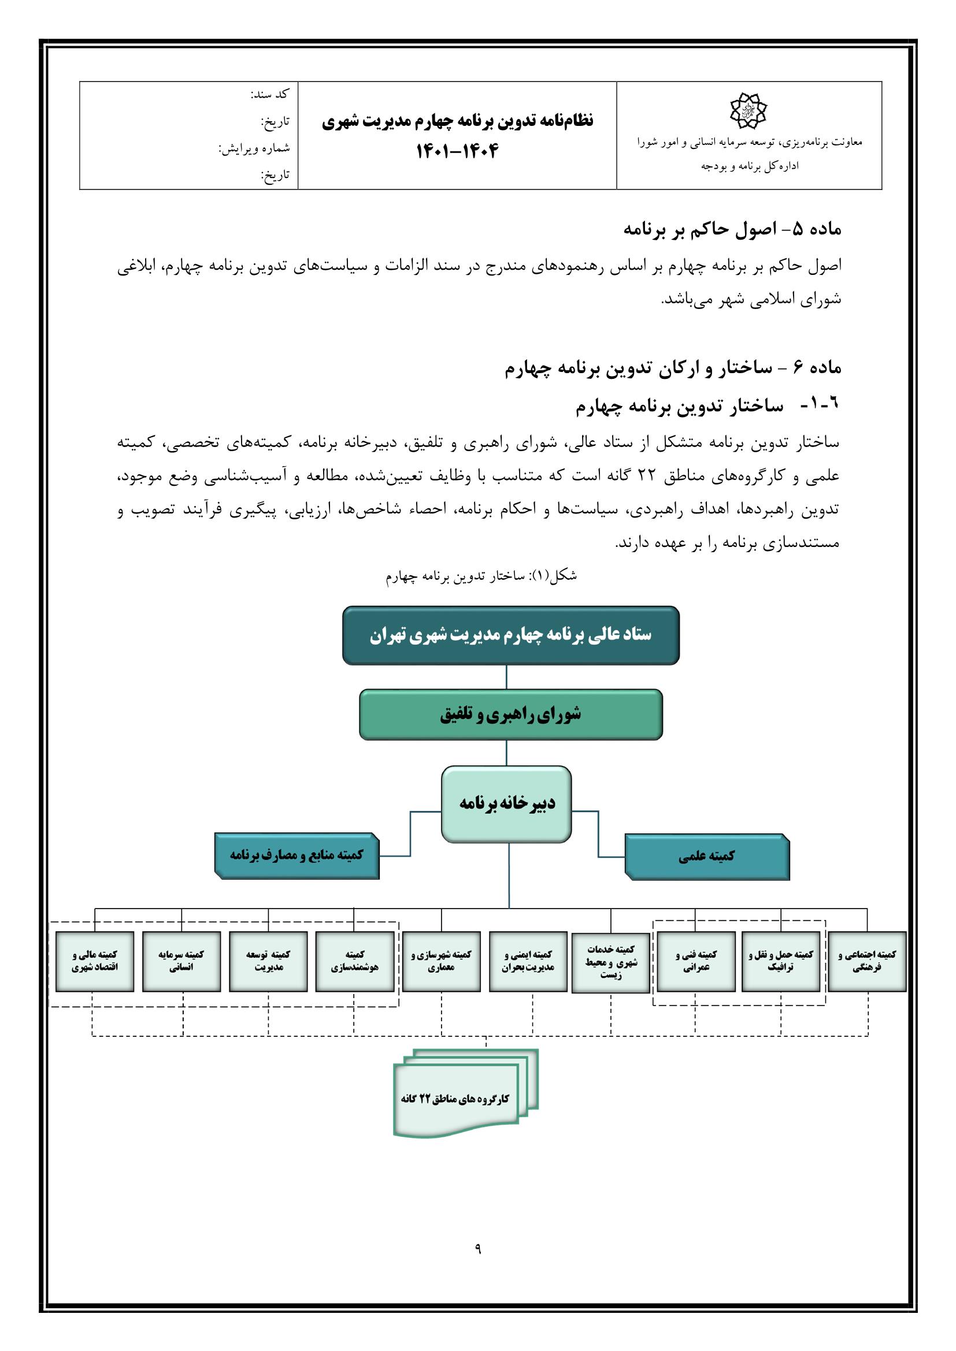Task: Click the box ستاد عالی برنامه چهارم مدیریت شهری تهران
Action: click(510, 635)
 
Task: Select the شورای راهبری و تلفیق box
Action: click(510, 714)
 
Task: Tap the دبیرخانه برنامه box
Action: click(506, 804)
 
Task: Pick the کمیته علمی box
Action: click(706, 857)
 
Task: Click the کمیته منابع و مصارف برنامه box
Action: click(297, 855)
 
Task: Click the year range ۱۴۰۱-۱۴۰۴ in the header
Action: click(457, 152)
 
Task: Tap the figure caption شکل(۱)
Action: click(481, 576)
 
